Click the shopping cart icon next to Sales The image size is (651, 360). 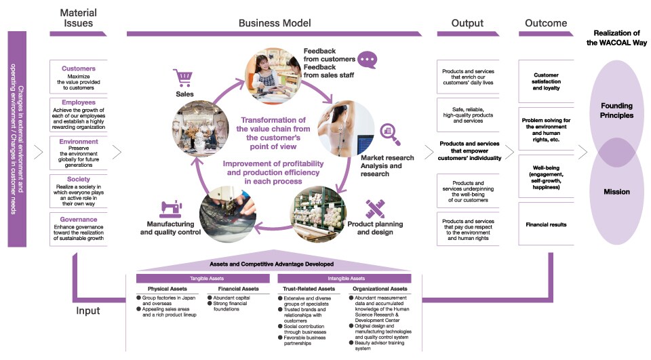tap(182, 77)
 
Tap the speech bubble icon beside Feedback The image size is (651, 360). tap(368, 60)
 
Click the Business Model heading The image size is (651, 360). tap(275, 23)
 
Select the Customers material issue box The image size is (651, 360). tap(79, 78)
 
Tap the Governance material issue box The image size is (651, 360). tap(79, 228)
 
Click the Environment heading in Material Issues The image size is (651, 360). tap(79, 142)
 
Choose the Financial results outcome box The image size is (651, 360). tap(546, 224)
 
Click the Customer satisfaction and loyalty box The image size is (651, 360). tap(546, 81)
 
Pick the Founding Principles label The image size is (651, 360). tap(616, 111)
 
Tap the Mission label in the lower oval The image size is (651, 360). tap(616, 192)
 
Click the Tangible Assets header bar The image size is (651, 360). tap(203, 278)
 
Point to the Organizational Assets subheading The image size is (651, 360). tap(379, 289)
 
